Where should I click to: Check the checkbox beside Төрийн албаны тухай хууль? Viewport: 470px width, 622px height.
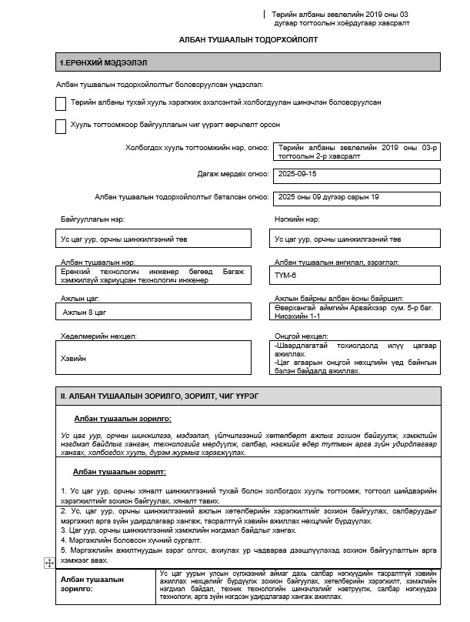coord(61,103)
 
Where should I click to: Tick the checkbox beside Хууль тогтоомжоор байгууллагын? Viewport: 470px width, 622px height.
coord(61,126)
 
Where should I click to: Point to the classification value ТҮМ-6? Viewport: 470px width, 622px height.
coord(286,274)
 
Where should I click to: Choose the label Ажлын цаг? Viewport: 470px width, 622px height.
coord(80,297)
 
